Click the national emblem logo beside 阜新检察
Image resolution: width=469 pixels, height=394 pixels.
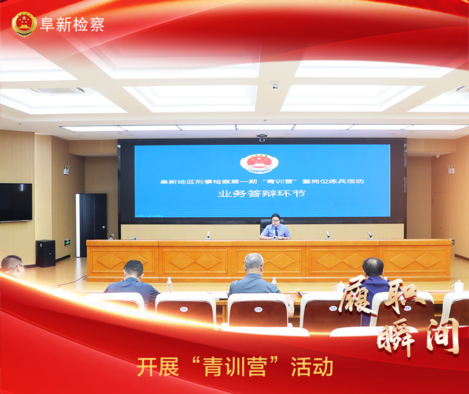[x=24, y=24]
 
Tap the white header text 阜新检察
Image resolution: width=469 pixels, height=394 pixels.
[x=72, y=24]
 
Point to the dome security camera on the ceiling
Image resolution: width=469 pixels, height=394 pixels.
[x=275, y=85]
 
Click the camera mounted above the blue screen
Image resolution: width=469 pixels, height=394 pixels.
[x=262, y=138]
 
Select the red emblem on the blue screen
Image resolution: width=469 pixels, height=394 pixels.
[x=259, y=163]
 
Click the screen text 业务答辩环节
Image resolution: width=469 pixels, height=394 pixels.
[x=262, y=194]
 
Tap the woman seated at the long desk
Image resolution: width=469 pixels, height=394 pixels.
[x=275, y=228]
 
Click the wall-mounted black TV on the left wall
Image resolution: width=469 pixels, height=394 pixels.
[x=16, y=203]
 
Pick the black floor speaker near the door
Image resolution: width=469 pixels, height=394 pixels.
[x=46, y=253]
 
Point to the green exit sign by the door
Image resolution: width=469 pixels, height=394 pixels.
[x=67, y=242]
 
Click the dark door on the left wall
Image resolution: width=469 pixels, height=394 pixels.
[x=92, y=224]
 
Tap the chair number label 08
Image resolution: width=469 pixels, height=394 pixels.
[x=184, y=309]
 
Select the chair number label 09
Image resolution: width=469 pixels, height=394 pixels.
[x=258, y=309]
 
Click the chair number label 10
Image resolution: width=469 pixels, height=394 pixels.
[x=333, y=309]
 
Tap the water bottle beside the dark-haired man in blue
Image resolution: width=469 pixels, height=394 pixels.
[x=169, y=285]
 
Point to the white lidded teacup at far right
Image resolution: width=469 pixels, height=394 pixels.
[x=458, y=285]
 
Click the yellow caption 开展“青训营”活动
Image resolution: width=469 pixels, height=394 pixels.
[x=235, y=366]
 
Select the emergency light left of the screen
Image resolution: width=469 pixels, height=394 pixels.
[x=67, y=170]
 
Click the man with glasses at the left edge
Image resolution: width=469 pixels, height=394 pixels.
[x=12, y=267]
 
